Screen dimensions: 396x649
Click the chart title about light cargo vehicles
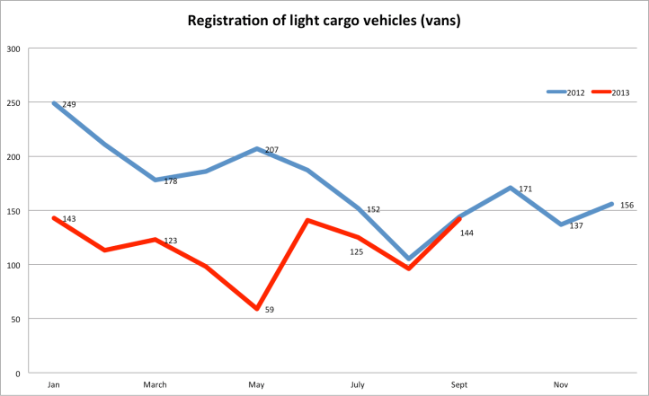tap(324, 19)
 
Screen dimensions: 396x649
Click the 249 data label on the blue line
tap(69, 105)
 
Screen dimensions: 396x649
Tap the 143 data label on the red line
tap(69, 219)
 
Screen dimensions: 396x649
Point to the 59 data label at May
tap(270, 310)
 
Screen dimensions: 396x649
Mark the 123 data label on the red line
tap(170, 242)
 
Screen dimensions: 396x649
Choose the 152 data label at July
tap(373, 209)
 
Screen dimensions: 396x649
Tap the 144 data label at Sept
tap(467, 233)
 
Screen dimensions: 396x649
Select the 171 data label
tap(526, 189)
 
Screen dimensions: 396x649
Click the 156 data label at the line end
tap(627, 206)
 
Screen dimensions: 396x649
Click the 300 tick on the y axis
tap(13, 48)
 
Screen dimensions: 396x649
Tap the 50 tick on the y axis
tap(15, 319)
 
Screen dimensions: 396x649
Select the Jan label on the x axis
tap(54, 385)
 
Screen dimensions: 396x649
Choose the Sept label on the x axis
tap(460, 385)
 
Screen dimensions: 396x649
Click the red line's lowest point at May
tap(257, 309)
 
